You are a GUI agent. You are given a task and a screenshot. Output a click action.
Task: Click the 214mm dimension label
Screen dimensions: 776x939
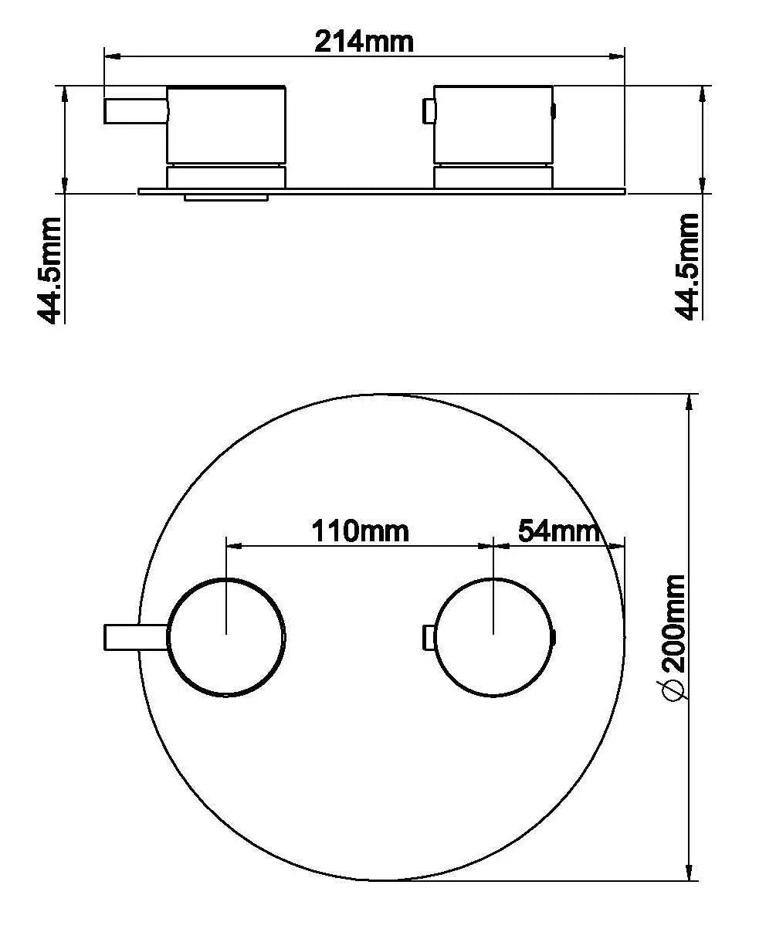[x=364, y=42]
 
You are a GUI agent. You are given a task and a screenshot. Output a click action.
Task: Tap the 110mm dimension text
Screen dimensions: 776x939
[x=360, y=531]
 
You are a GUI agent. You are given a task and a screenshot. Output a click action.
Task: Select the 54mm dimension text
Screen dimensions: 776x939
[x=559, y=531]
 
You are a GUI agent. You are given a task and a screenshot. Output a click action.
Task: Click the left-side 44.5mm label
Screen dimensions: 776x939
[x=49, y=271]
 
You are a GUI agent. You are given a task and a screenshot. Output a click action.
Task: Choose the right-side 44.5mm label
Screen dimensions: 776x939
[x=687, y=267]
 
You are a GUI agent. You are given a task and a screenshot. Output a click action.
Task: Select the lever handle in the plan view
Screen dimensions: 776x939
[x=136, y=637]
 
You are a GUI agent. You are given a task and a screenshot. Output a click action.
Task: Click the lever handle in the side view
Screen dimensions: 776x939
[x=136, y=110]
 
